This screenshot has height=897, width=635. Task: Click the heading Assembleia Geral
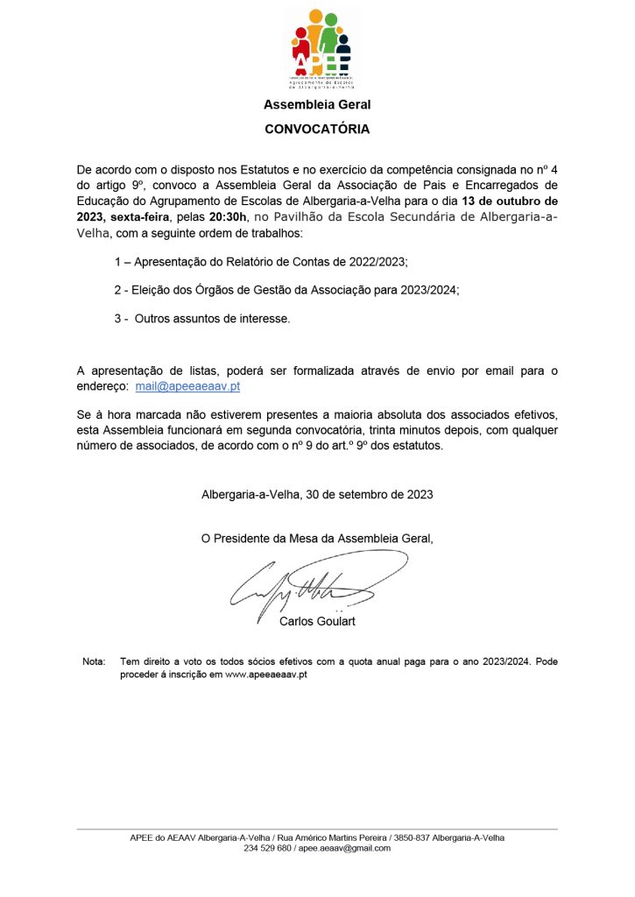click(317, 105)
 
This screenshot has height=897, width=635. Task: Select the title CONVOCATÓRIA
click(317, 130)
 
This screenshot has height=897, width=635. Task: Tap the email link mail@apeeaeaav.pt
click(187, 386)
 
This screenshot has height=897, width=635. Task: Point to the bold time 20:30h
click(229, 217)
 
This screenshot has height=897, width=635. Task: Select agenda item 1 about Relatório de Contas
click(261, 263)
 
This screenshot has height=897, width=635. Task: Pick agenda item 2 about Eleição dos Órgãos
click(287, 291)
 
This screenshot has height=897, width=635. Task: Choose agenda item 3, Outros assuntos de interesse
click(201, 319)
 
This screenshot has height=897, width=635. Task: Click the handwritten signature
click(311, 587)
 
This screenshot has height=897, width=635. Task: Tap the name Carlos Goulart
click(317, 622)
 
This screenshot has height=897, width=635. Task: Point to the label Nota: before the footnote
click(93, 661)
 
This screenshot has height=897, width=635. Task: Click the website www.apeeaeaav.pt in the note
click(265, 675)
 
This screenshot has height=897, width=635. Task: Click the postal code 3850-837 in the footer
click(410, 837)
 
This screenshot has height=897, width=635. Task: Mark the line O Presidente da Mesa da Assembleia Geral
click(317, 539)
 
